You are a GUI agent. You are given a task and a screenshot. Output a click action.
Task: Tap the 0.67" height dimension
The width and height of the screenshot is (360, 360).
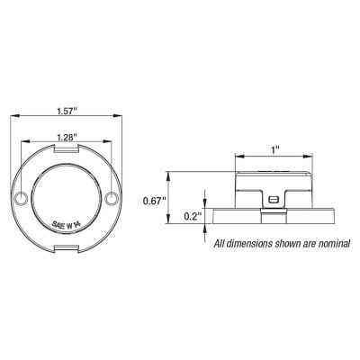pyautogui.click(x=156, y=202)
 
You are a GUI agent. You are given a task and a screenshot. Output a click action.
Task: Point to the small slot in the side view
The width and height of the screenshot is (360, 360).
pyautogui.click(x=273, y=198)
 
